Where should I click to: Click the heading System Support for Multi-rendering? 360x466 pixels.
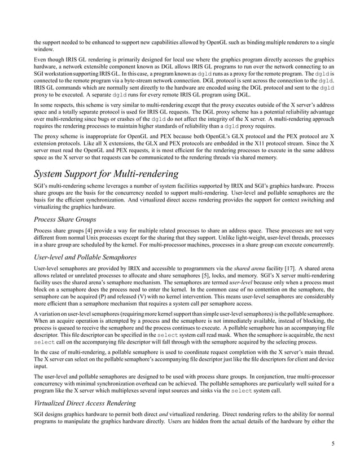click(107, 173)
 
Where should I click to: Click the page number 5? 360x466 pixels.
click(333, 443)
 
